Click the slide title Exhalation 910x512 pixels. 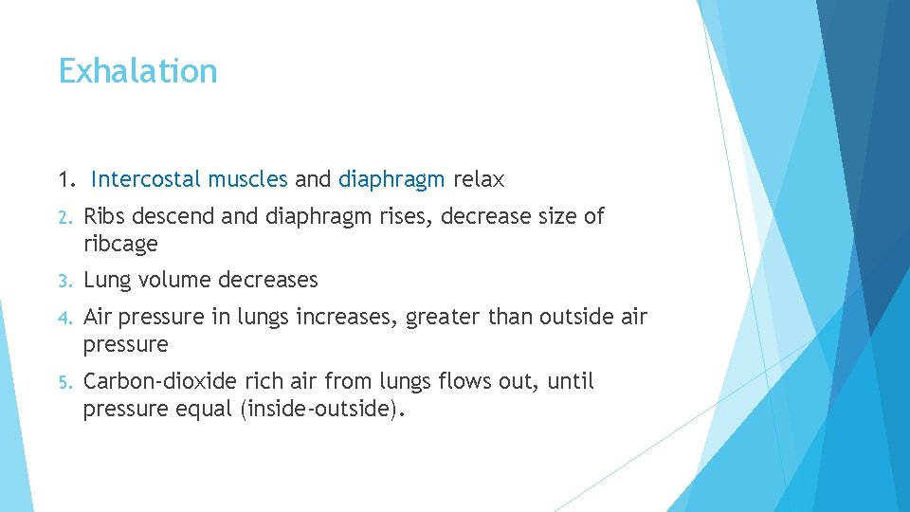point(137,71)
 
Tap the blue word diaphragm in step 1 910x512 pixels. point(391,179)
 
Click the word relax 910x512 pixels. point(480,179)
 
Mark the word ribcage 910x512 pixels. point(120,244)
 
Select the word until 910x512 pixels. point(572,381)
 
